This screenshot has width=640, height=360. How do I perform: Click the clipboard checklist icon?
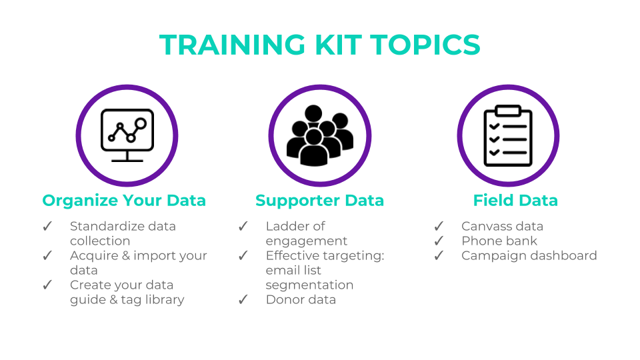(x=508, y=135)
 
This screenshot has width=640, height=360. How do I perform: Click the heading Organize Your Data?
(x=124, y=201)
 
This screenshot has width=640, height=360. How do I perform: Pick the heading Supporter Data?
(x=319, y=201)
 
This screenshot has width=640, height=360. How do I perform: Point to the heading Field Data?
(x=515, y=201)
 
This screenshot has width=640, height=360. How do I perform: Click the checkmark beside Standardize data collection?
(x=47, y=227)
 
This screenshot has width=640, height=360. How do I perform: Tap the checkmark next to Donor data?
(x=243, y=300)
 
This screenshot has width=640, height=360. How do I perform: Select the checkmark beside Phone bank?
(x=439, y=241)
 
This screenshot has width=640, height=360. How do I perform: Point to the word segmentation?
(x=309, y=285)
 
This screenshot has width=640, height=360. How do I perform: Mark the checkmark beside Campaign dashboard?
(x=439, y=256)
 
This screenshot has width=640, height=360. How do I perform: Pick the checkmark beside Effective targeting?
(x=243, y=256)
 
